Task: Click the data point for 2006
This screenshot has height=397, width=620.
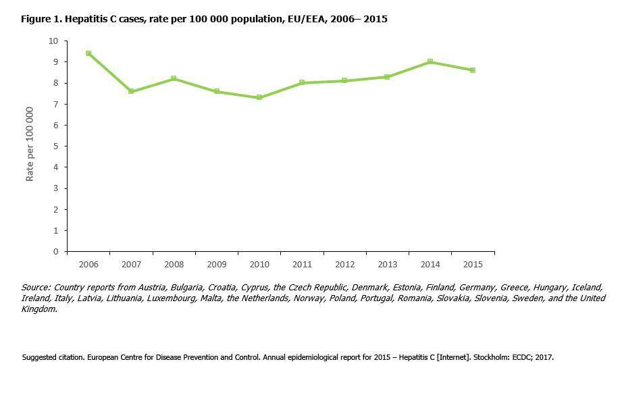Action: [88, 53]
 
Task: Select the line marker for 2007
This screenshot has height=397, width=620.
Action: [131, 91]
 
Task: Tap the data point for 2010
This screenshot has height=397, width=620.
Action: [259, 97]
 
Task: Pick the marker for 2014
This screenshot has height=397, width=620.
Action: [430, 61]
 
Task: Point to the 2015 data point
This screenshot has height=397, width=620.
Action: [473, 70]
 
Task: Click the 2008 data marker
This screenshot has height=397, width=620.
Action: [174, 78]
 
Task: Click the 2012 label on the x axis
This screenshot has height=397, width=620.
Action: [344, 263]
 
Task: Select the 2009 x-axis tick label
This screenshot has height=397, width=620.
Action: [216, 263]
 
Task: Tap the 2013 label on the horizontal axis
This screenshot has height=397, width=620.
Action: [387, 263]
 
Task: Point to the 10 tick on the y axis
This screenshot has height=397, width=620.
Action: [53, 41]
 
